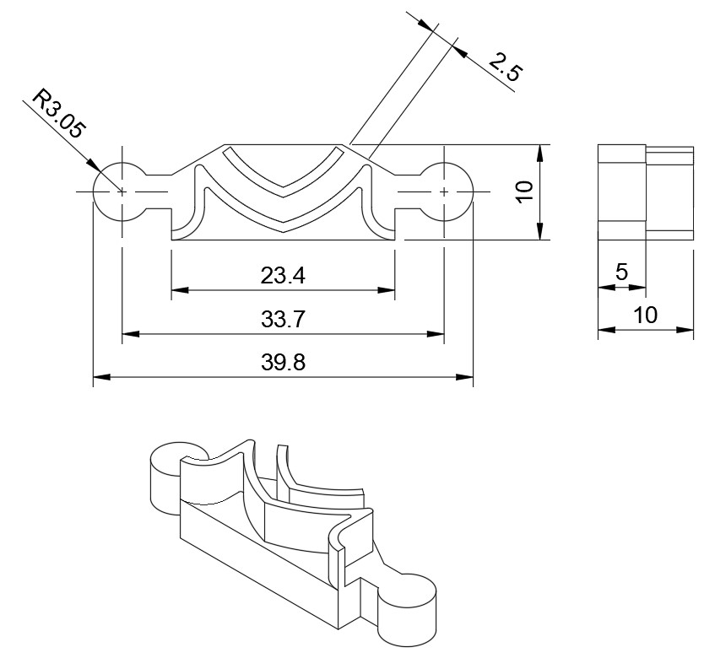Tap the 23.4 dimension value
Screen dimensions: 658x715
click(283, 274)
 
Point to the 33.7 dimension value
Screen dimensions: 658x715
click(283, 320)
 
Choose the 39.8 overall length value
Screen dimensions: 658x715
click(283, 364)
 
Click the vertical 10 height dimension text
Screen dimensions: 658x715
click(524, 191)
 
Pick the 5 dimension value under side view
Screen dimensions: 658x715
click(621, 272)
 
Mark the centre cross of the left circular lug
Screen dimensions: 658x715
click(122, 192)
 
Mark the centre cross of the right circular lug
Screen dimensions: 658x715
click(444, 192)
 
